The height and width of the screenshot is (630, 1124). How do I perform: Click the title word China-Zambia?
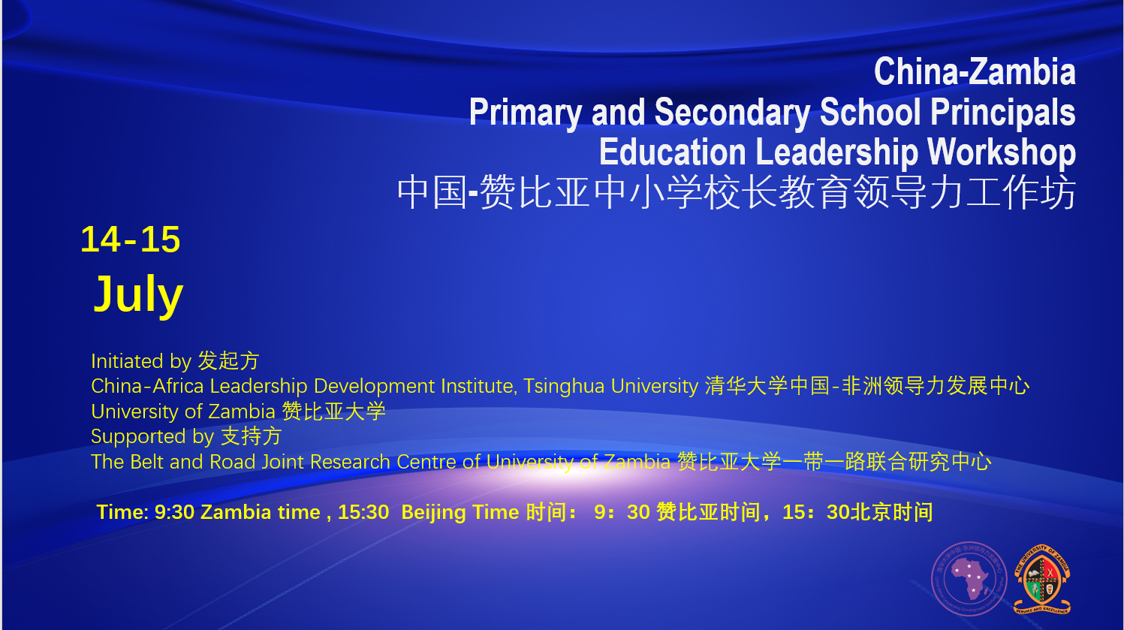click(974, 72)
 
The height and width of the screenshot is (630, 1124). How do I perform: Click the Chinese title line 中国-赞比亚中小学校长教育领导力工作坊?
click(736, 192)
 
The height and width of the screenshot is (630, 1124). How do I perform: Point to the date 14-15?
click(130, 240)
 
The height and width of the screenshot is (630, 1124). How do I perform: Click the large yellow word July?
click(138, 294)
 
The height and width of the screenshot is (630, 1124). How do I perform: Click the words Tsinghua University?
click(610, 386)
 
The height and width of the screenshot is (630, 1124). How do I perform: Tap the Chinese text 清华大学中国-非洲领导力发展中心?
click(866, 386)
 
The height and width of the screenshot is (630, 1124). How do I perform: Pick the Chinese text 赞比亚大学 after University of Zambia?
click(333, 411)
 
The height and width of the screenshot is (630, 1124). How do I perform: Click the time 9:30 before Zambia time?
click(174, 512)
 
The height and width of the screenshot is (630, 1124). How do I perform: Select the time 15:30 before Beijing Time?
click(363, 512)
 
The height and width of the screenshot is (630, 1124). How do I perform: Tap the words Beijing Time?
click(460, 512)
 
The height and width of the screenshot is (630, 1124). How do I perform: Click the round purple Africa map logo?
click(969, 579)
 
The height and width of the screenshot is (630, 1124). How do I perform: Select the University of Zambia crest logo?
click(1041, 579)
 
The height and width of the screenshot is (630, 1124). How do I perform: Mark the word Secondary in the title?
click(731, 113)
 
